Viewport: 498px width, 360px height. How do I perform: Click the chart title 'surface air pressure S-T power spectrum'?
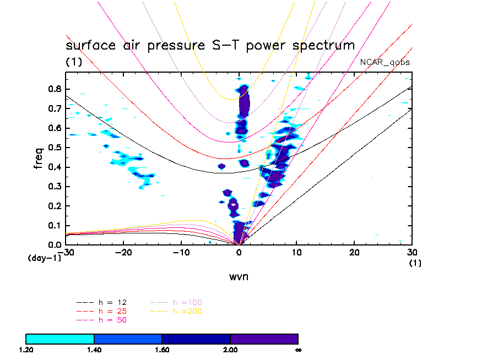(x=210, y=45)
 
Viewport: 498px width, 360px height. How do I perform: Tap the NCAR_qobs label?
(x=385, y=62)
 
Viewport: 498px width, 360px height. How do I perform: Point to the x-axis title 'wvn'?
(x=239, y=276)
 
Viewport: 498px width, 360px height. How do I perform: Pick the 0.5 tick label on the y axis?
(x=54, y=148)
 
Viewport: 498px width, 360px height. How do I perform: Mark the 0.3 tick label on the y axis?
(x=54, y=187)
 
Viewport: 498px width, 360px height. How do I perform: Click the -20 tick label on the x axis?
(x=122, y=252)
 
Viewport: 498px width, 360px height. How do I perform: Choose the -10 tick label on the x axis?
(x=180, y=252)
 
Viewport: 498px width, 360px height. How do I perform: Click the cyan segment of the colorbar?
(x=60, y=338)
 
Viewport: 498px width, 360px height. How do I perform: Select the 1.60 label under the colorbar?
(x=162, y=349)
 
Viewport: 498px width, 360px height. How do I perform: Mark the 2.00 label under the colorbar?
(x=230, y=349)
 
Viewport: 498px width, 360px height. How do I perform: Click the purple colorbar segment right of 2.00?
(x=264, y=338)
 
